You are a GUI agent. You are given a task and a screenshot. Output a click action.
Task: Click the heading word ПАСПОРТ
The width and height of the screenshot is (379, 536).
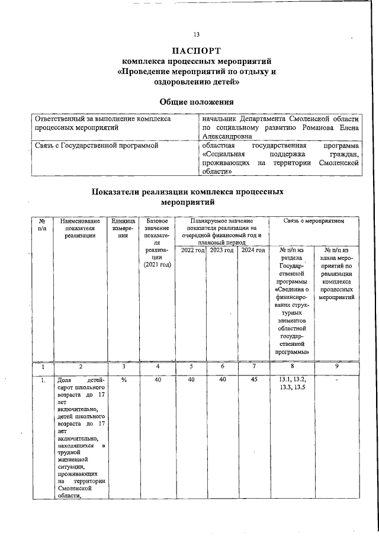coord(197,50)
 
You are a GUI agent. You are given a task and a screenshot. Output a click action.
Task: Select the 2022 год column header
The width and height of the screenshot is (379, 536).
coord(192,251)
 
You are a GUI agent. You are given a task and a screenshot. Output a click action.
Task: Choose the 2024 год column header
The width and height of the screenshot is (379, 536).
coord(253,251)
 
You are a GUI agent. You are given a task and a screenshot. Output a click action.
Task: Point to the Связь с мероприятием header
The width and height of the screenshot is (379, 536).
coord(314,220)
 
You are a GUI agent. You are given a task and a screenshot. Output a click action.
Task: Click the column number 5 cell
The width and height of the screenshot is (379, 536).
coord(192,367)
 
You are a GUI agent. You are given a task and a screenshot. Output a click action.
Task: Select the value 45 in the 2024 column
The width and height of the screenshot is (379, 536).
coord(253,380)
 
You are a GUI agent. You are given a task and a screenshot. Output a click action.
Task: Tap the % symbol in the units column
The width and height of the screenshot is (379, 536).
coord(123,380)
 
